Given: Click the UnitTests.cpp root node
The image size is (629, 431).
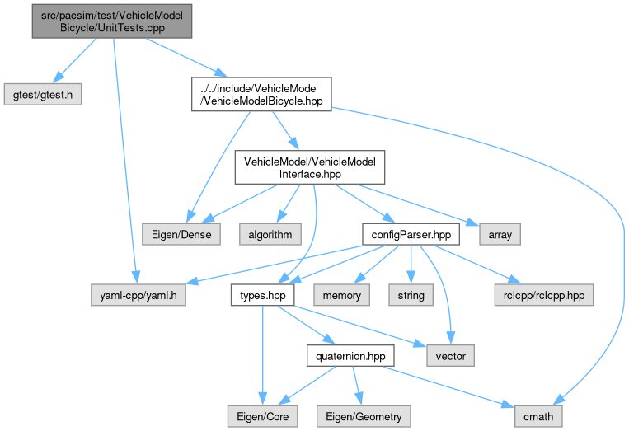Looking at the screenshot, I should (112, 21).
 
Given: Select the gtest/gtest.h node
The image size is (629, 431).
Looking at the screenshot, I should (44, 94).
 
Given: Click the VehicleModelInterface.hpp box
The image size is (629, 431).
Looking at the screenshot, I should (309, 168).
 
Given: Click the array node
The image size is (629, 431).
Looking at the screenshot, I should (500, 235).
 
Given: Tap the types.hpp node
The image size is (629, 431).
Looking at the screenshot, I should (258, 294).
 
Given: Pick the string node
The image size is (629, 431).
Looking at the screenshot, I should (411, 294).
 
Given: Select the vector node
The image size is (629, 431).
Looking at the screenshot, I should (451, 355).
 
